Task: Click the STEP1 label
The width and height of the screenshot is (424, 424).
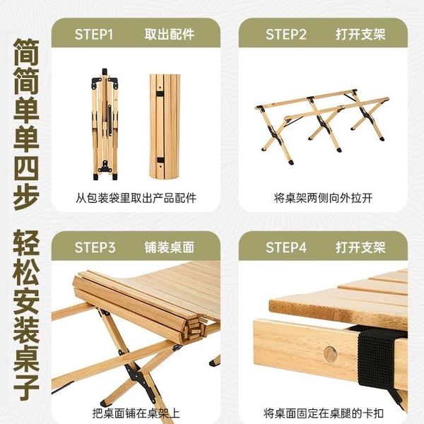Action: pos(93,35)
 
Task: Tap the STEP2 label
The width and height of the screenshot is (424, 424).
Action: pos(286,35)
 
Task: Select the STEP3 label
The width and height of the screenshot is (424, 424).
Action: pos(95,247)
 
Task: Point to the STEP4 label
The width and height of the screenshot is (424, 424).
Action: pos(286,247)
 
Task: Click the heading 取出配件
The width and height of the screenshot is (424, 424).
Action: pos(170,35)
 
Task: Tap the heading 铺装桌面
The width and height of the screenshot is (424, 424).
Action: pos(170,247)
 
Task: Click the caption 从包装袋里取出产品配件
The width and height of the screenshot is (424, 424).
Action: pos(136,198)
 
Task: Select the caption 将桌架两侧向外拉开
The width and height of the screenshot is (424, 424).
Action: pos(323,198)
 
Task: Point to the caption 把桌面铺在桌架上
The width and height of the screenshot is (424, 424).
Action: pos(136,413)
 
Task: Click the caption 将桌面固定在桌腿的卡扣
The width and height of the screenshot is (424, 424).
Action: pos(324,413)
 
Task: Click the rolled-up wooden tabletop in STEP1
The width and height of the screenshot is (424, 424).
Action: pos(165,126)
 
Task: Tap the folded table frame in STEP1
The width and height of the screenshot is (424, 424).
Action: pos(105,124)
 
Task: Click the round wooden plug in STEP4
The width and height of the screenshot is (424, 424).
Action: pos(330,354)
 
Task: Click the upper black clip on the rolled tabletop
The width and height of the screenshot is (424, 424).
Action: pos(160,94)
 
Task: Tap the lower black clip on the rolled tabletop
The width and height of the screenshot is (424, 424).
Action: pos(160,160)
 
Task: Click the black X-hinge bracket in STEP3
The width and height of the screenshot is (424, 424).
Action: pos(139,376)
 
